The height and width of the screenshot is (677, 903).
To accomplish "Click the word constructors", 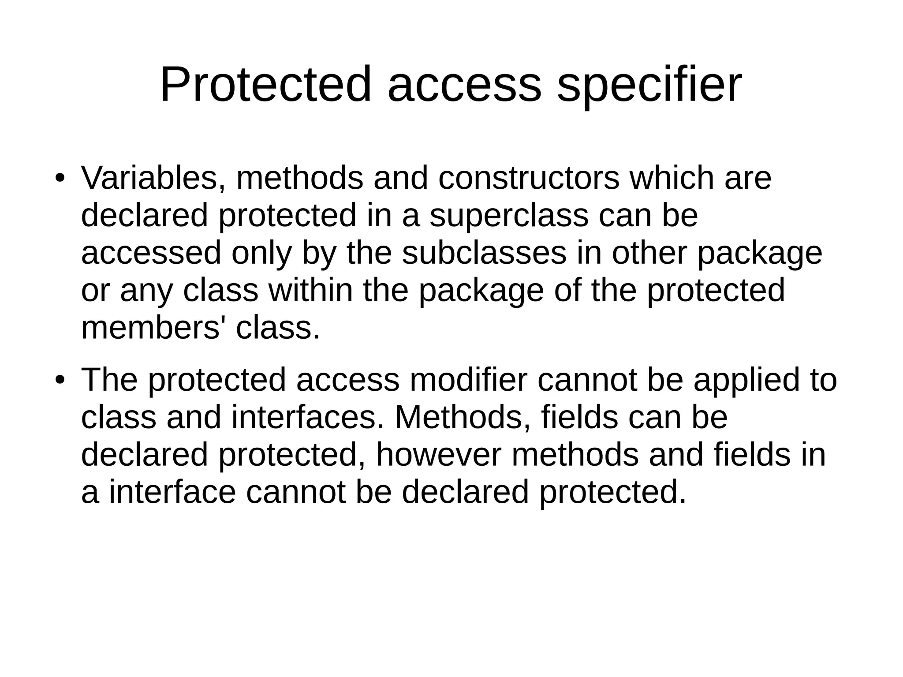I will (x=529, y=178).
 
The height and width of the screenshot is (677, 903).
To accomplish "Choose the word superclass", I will (x=509, y=216).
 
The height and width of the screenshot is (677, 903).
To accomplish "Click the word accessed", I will (x=151, y=253).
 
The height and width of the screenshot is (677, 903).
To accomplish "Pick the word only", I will (x=261, y=254).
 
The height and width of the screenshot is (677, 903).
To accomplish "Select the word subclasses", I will (x=484, y=253).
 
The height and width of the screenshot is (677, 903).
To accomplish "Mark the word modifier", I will (x=468, y=380).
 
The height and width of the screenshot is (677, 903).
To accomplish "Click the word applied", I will (x=742, y=381).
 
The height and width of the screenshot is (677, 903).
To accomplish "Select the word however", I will (x=439, y=455).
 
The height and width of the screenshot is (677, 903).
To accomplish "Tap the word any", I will (x=145, y=292).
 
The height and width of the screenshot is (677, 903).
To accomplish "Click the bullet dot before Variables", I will (x=60, y=179).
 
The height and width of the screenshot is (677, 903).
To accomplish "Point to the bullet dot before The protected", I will (x=60, y=381).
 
